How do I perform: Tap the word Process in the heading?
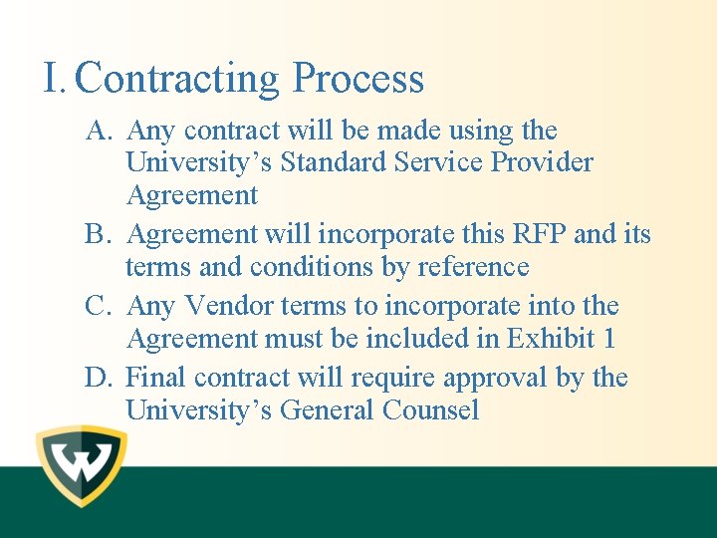358,79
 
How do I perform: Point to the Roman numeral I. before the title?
54,78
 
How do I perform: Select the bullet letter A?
99,131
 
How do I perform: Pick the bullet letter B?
98,235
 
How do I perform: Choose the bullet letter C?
98,307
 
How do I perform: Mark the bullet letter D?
98,379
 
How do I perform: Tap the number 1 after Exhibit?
608,339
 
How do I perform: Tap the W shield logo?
81,464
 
